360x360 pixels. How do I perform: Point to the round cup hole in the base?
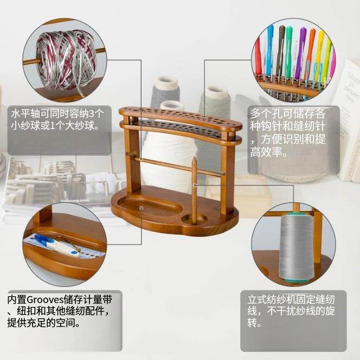(x=194, y=220)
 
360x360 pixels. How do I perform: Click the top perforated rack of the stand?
(x=180, y=116)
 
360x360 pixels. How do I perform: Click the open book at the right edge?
(x=347, y=125)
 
